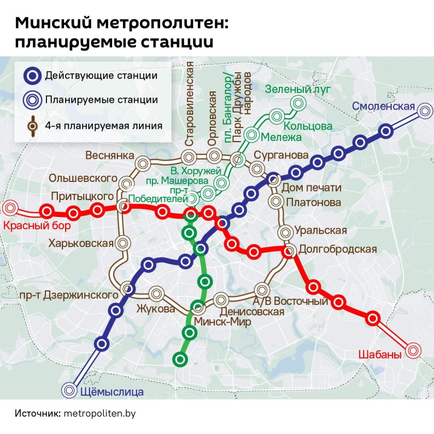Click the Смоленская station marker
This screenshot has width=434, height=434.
click(426, 110)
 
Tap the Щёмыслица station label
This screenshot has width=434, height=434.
click(112, 391)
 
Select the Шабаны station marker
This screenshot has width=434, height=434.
click(413, 351)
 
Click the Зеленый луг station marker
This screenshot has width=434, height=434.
click(298, 104)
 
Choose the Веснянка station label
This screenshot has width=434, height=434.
click(110, 156)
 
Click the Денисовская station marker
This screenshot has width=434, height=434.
click(221, 299)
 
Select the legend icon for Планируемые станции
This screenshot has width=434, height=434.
click(33, 100)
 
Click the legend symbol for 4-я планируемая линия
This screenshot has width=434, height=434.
click(33, 125)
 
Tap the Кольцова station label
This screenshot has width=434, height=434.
click(308, 126)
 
